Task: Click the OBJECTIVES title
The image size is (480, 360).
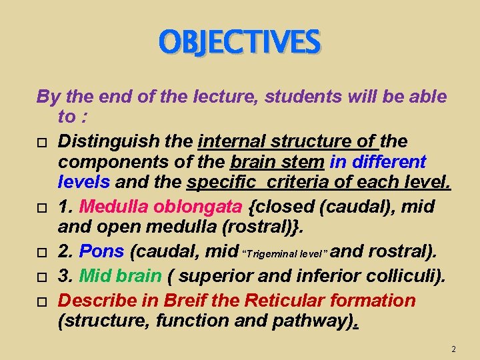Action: (x=240, y=42)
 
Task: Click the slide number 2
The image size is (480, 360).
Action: (x=453, y=349)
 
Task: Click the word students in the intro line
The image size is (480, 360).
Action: (x=303, y=97)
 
